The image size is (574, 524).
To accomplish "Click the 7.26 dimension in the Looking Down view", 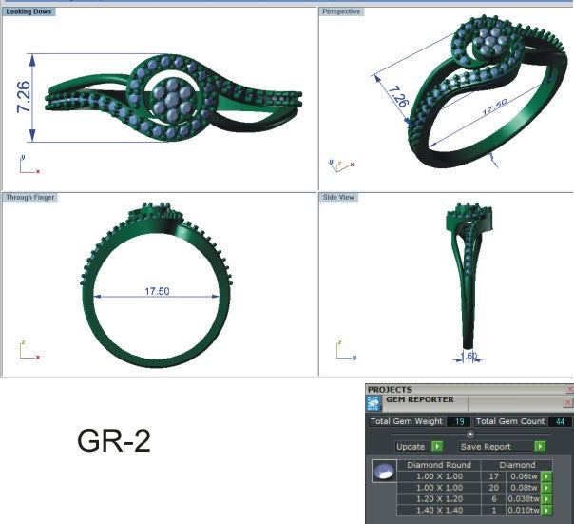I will tap(24, 97).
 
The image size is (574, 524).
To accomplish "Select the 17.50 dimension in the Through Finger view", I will tap(157, 292).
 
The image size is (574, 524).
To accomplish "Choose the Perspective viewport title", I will tap(341, 11).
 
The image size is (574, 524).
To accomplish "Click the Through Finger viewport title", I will tap(30, 197).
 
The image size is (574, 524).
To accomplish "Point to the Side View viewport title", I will tap(340, 197).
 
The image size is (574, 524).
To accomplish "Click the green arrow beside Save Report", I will tap(540, 446).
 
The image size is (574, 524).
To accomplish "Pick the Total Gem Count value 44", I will tap(558, 421).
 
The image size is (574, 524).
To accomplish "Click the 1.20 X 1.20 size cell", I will tap(439, 498).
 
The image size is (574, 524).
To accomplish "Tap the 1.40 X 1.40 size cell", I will tap(439, 510).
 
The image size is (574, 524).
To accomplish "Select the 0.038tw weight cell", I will tap(521, 498).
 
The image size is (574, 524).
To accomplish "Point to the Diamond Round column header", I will tap(439, 465).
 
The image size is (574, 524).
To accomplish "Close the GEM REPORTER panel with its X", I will tap(569, 400).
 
